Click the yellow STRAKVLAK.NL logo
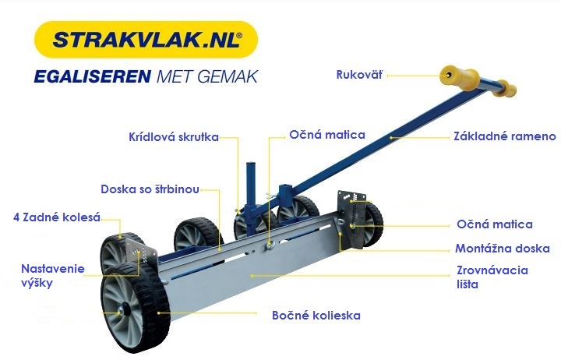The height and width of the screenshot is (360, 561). [x=146, y=40]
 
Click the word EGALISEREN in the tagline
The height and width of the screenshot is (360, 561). [x=92, y=76]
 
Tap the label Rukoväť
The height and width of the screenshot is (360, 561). [x=359, y=75]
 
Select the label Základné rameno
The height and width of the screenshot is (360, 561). [x=505, y=136]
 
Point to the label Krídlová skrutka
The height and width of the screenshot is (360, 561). [x=174, y=137]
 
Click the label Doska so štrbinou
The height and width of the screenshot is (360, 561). [x=150, y=189]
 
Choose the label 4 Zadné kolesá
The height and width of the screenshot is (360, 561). [x=57, y=217]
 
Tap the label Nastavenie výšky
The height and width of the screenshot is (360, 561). [x=53, y=276]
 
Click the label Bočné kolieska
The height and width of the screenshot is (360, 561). [x=316, y=316]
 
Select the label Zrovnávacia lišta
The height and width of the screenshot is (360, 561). [x=492, y=277]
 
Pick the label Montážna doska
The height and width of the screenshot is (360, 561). [x=503, y=249]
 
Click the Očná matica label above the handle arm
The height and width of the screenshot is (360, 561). [x=327, y=135]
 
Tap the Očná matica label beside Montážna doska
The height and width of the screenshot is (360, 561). [x=495, y=224]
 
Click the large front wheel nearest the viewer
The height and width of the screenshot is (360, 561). [x=136, y=309]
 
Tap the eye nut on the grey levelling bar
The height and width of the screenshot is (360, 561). [x=269, y=245]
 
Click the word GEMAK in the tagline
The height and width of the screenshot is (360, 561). [x=228, y=76]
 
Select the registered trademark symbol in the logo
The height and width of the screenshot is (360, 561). [x=239, y=35]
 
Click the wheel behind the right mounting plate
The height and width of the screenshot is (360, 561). [x=373, y=224]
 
